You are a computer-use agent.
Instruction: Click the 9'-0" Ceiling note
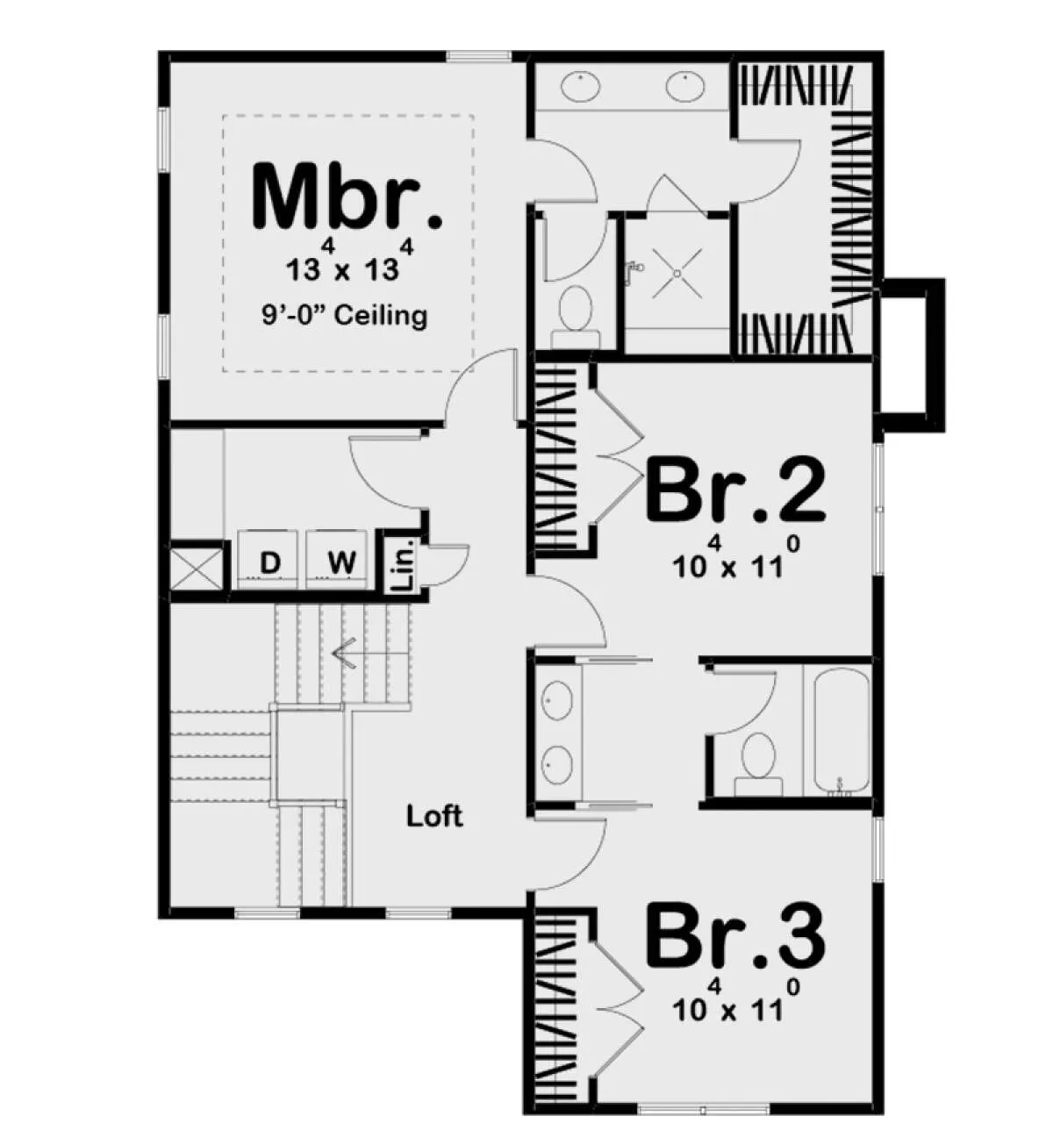tap(344, 315)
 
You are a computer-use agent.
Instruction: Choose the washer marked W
tap(336, 559)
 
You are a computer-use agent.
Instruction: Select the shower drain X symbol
tap(677, 274)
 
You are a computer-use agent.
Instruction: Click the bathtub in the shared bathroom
tap(842, 731)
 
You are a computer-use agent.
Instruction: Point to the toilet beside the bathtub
tap(758, 762)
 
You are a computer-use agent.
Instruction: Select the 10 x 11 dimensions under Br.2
tap(735, 560)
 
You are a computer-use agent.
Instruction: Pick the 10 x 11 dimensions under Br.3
tap(735, 1004)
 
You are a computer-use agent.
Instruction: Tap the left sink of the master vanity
tap(581, 86)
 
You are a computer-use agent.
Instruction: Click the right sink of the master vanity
tap(686, 86)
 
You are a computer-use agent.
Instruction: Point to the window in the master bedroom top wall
tap(478, 56)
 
